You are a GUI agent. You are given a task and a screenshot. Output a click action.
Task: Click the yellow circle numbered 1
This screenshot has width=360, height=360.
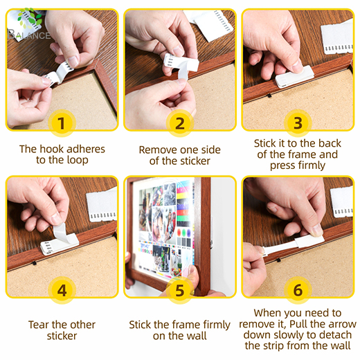point(62,123)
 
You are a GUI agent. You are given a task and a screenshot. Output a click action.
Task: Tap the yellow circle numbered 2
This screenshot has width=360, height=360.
point(180,123)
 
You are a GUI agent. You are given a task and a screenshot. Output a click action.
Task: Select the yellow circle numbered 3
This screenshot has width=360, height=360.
point(298,123)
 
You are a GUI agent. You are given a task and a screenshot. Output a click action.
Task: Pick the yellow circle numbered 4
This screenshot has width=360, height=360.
point(62,290)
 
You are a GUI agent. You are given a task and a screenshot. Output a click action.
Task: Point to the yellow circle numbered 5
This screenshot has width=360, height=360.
point(180,290)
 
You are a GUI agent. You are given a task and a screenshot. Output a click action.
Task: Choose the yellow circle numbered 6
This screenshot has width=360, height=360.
point(298,290)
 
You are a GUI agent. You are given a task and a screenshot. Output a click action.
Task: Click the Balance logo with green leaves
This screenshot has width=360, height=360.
point(28,24)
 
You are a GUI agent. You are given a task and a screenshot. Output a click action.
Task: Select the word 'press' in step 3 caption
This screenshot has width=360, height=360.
point(282,166)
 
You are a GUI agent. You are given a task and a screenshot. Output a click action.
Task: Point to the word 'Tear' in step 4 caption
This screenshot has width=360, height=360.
point(39,325)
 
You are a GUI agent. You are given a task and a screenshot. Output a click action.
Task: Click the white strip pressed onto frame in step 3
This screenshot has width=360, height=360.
point(295,76)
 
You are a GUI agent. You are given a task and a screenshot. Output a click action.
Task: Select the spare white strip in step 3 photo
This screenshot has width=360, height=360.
point(337,37)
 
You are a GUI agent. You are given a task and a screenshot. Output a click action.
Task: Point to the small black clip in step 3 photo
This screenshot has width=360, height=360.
point(269,96)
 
